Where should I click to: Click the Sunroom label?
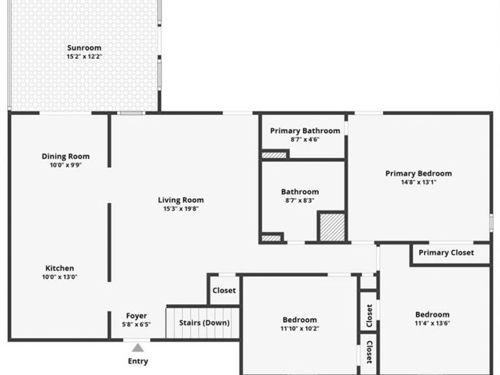tap(84, 48)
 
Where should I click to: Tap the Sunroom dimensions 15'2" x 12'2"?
tap(84, 57)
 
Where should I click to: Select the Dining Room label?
tap(66, 156)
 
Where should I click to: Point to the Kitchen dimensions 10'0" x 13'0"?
tap(59, 277)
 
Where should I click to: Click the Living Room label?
tap(181, 200)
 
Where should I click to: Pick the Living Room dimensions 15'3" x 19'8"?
tap(181, 209)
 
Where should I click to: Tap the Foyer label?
tap(136, 316)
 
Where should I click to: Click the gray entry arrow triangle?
tap(138, 348)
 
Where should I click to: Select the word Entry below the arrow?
tap(138, 361)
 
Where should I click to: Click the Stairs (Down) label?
tap(204, 323)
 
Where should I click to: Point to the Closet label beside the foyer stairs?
tap(224, 290)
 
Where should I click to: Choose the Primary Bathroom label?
tap(305, 131)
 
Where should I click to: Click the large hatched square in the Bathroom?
tap(331, 227)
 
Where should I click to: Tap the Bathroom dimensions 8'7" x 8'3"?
tap(299, 201)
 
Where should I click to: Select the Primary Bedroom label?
tap(418, 173)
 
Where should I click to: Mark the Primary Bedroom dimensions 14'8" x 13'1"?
tap(418, 182)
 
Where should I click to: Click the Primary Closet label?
tap(446, 252)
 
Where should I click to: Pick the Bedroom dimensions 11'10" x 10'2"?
tap(299, 328)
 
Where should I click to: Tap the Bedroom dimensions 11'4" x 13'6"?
tap(432, 323)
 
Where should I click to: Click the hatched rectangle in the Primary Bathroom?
tap(274, 155)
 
